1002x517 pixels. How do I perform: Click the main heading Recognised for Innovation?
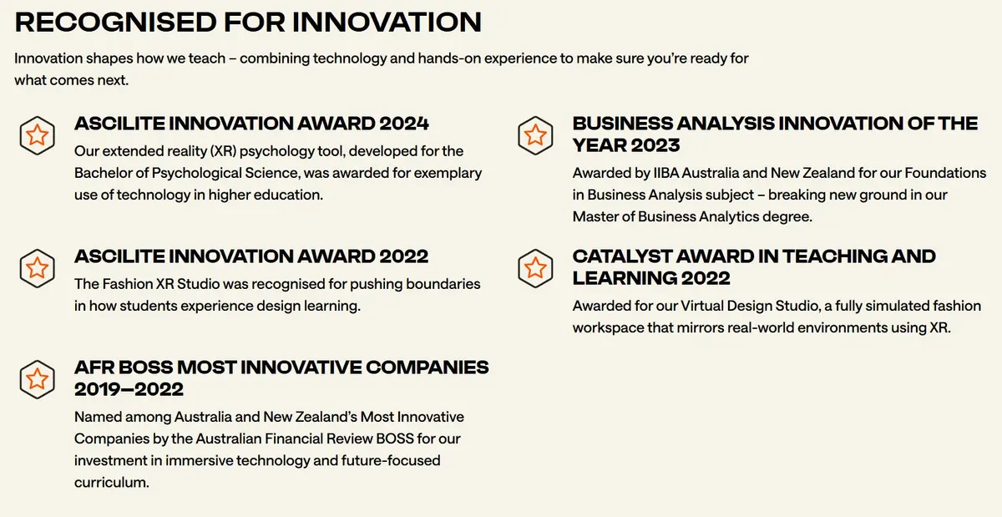pos(248,22)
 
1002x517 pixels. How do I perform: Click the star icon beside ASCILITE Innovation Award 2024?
pos(37,134)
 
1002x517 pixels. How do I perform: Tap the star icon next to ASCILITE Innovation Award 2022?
pos(37,267)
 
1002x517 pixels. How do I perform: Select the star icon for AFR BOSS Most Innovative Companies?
pos(37,378)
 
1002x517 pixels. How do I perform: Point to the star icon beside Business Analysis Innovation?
pos(535,134)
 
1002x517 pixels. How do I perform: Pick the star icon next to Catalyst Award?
pos(535,267)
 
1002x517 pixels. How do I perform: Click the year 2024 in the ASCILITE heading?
pos(403,124)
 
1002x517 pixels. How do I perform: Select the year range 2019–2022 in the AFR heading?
pos(129,389)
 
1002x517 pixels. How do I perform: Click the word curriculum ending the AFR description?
pos(111,483)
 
